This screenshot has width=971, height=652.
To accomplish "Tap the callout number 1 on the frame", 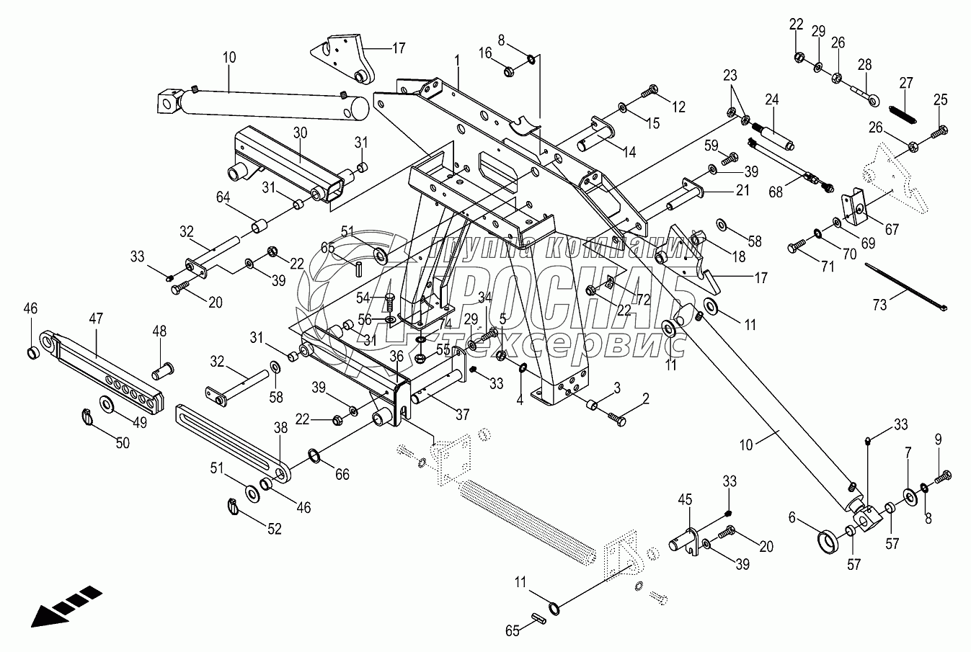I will click(457, 60).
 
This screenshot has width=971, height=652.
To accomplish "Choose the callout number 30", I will click(300, 132).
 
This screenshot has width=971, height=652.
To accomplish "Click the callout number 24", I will click(772, 99).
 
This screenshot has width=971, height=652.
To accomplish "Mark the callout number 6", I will click(793, 515).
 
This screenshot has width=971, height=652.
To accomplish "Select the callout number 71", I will click(827, 267).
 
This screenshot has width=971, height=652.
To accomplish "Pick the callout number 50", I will click(123, 442).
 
